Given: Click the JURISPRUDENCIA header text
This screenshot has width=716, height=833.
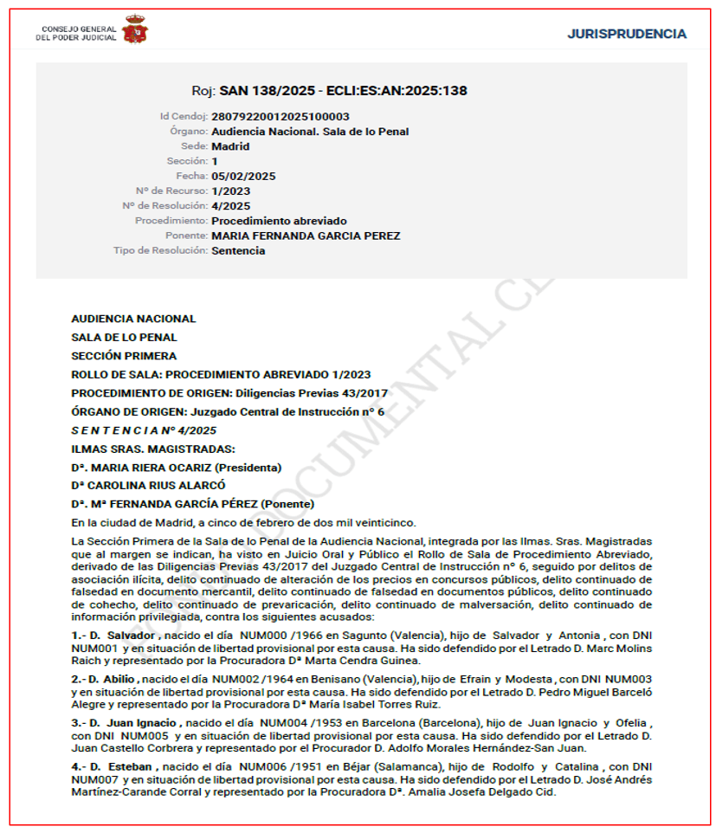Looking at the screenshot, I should point(627,34).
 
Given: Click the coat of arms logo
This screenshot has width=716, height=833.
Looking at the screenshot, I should point(134,31).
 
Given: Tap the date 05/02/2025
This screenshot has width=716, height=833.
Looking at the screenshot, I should point(243,176).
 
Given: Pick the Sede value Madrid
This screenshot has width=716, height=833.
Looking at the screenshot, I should point(230,146).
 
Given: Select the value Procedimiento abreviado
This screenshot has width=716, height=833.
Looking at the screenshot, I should point(279,221).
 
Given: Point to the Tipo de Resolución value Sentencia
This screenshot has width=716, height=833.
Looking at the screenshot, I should point(238,251).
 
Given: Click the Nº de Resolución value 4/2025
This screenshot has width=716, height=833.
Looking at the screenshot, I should point(230,206).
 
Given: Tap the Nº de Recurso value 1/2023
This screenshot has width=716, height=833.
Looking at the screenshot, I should point(230,190).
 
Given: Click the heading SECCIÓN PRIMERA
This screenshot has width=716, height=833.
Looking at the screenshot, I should point(124,356).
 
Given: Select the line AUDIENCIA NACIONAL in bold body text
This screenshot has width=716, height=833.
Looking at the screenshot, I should point(133,319).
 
